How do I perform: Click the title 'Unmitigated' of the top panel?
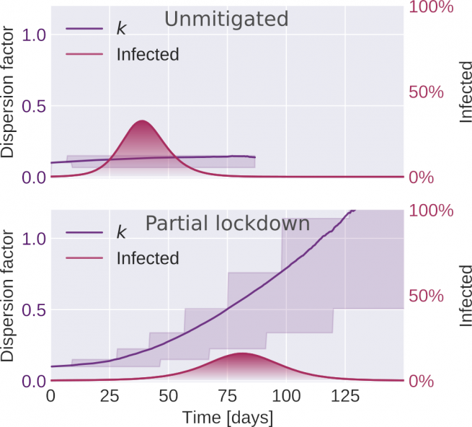[x=226, y=19]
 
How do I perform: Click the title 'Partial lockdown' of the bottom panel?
[x=228, y=223]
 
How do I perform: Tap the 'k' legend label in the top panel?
[x=121, y=29]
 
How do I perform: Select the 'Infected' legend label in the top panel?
[x=147, y=54]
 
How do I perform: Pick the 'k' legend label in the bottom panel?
[x=121, y=232]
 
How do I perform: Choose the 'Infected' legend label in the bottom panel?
[x=147, y=257]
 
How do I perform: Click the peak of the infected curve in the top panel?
[x=141, y=120]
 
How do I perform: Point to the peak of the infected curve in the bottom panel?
[x=242, y=353]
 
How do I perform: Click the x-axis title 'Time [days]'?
[x=228, y=417]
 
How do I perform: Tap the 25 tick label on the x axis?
[x=110, y=396]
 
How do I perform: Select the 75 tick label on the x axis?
[x=227, y=396]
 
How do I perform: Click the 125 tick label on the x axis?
[x=345, y=396]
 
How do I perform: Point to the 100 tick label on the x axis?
[x=286, y=396]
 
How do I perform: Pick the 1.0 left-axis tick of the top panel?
[x=30, y=34]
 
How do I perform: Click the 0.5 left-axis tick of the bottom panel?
[x=30, y=309]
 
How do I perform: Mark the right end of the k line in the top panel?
[x=255, y=157]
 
